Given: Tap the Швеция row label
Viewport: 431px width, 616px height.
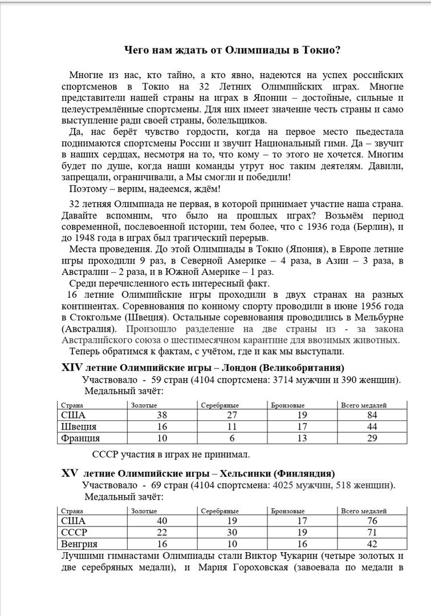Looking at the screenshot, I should coord(79,427).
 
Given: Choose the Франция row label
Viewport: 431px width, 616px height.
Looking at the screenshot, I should coord(81,439).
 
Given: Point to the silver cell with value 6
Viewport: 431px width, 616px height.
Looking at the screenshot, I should coord(233,439).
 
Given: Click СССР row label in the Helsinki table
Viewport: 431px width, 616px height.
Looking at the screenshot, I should coord(74,532).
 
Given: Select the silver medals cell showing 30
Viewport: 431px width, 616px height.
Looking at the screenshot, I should coord(233,532).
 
